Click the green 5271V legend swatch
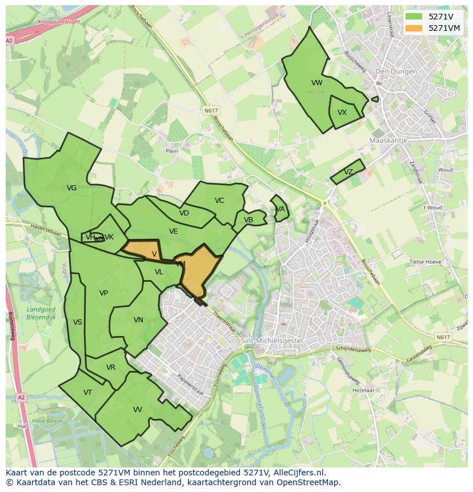(415, 17)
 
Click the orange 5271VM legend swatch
(415, 28)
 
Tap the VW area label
(316, 83)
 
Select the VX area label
(342, 112)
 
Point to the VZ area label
(348, 172)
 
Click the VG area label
(71, 187)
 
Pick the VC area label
(219, 200)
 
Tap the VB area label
(248, 220)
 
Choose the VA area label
(280, 209)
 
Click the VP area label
(103, 293)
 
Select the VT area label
(87, 392)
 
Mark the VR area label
(111, 367)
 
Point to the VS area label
(78, 322)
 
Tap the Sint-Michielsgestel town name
(263, 341)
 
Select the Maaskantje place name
(386, 140)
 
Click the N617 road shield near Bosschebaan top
(210, 110)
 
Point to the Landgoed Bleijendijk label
(41, 313)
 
